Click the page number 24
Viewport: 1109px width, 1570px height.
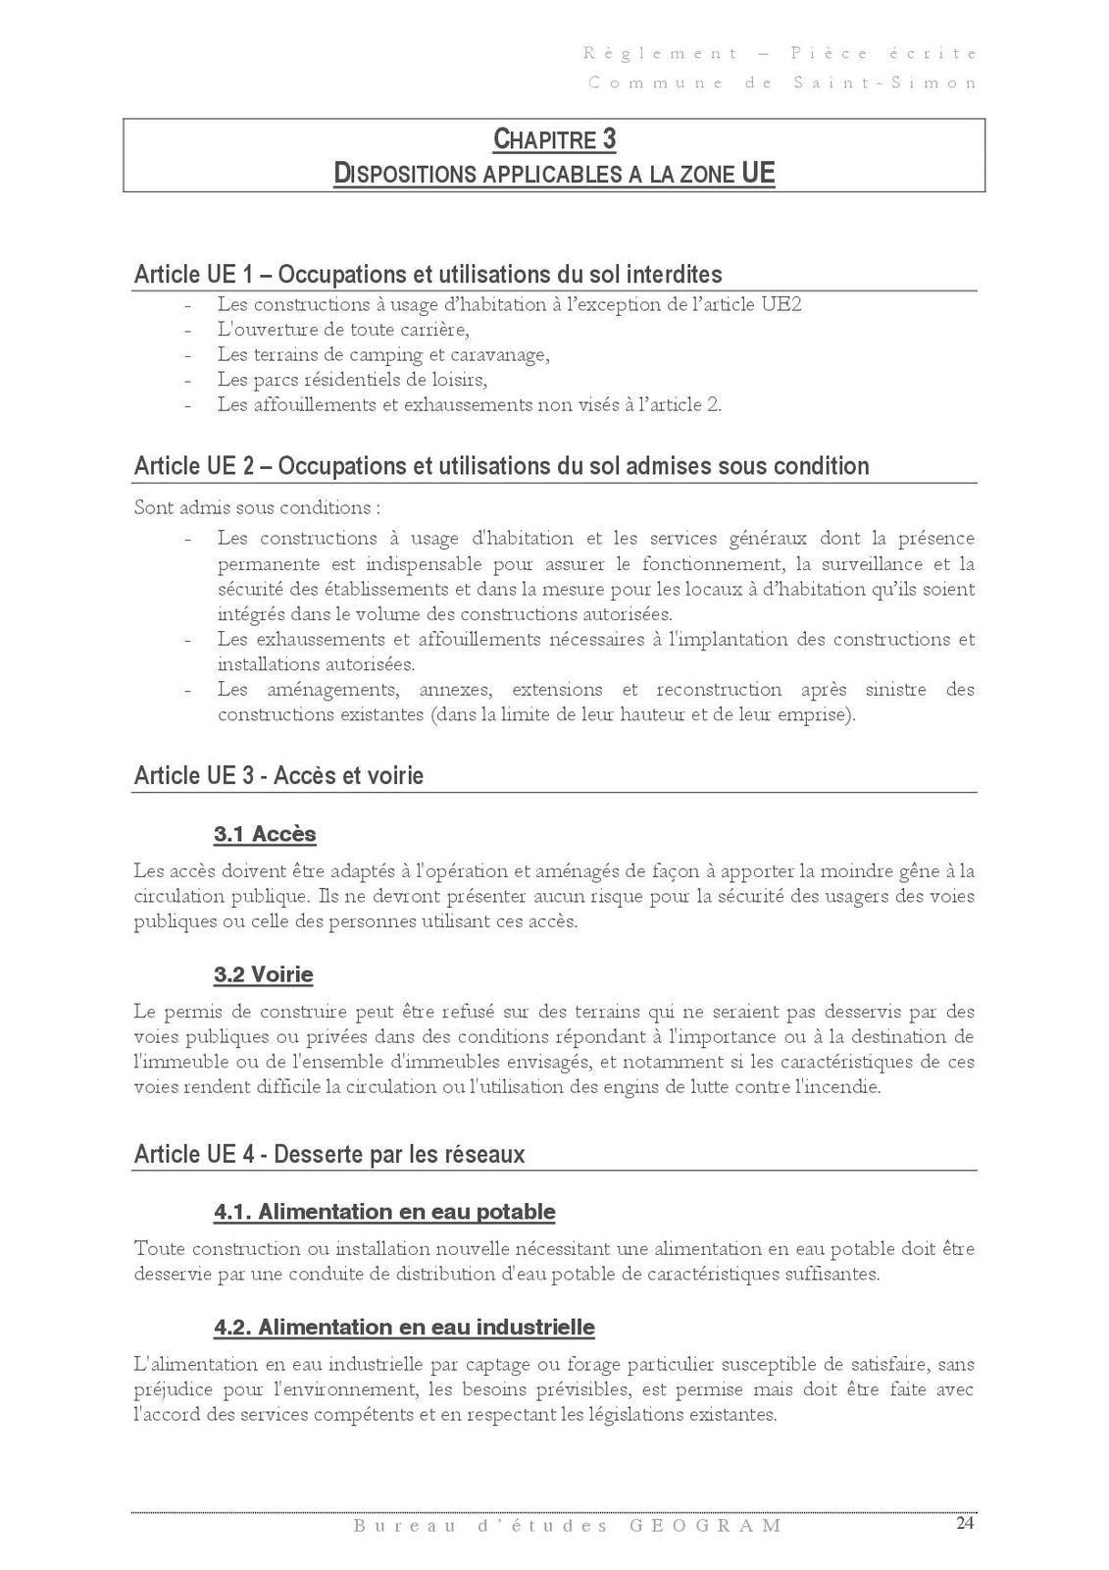(x=965, y=1523)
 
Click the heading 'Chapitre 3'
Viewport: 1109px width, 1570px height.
(x=554, y=140)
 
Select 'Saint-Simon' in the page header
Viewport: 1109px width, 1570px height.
(x=884, y=83)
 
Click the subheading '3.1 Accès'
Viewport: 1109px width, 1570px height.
(x=265, y=834)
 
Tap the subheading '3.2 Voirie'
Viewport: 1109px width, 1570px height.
(x=264, y=974)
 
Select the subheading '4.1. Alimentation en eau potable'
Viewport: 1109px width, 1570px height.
(x=384, y=1212)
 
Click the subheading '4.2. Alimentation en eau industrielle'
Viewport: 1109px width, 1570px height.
(x=404, y=1328)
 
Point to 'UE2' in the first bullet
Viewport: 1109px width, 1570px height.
(x=781, y=304)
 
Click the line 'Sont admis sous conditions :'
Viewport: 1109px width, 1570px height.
(x=257, y=508)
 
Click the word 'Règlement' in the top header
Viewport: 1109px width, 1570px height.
(x=661, y=54)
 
